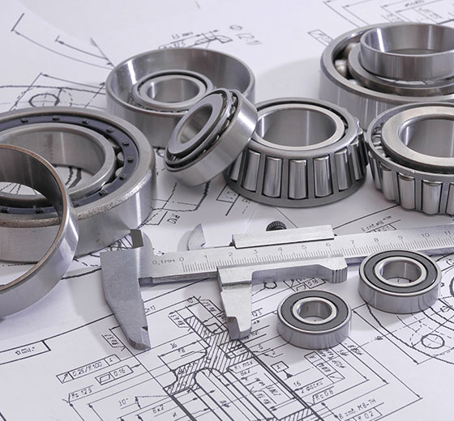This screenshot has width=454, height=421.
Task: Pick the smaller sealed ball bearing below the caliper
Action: tap(314, 319)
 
